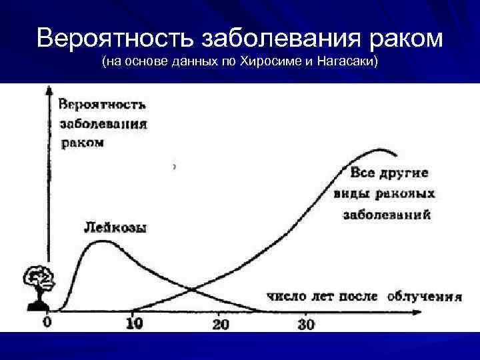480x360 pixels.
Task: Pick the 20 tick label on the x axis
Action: (220, 324)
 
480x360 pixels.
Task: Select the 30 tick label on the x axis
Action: (305, 324)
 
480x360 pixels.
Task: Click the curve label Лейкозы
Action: (116, 227)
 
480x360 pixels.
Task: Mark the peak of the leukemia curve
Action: (102, 241)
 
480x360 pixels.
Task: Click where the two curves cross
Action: (192, 289)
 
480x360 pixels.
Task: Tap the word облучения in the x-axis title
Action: (424, 296)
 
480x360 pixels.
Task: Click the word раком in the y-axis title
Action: (82, 143)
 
